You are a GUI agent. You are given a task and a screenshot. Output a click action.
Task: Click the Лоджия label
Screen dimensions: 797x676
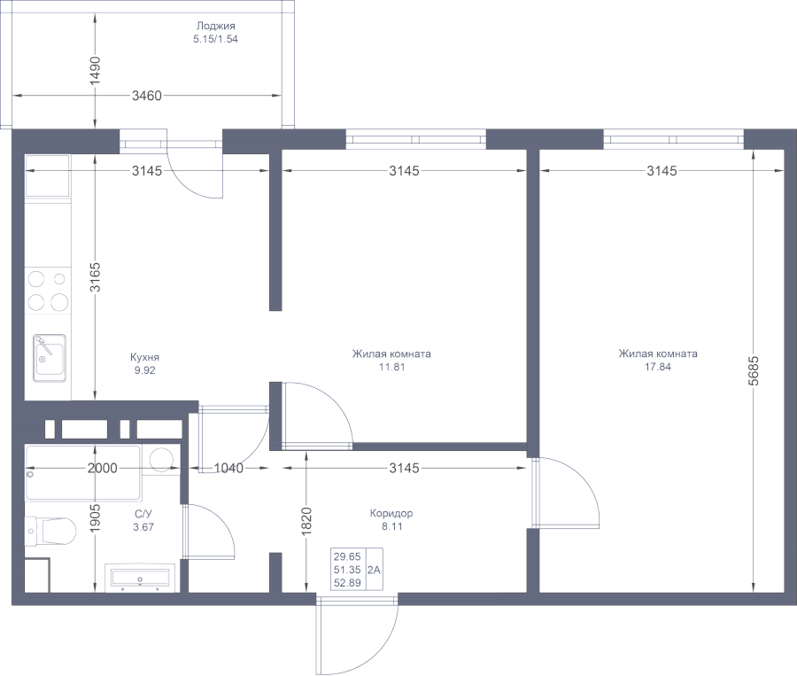tap(215, 26)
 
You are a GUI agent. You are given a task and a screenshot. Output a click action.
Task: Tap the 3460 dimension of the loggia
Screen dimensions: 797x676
tap(147, 96)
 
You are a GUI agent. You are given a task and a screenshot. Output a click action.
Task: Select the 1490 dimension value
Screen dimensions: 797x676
tap(95, 71)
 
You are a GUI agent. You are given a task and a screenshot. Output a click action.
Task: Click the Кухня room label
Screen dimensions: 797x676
tap(144, 357)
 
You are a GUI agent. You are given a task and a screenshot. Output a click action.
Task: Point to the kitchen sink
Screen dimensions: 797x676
tap(50, 358)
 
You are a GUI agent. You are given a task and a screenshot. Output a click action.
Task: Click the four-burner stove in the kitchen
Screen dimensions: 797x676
tap(48, 291)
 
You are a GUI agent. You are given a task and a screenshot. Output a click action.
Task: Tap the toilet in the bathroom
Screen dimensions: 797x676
tap(50, 531)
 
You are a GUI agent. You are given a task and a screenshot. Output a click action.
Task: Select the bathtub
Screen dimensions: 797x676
tap(83, 473)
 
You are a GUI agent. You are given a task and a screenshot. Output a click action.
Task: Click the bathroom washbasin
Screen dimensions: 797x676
tap(140, 578)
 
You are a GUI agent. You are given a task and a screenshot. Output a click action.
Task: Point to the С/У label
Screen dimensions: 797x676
tap(143, 514)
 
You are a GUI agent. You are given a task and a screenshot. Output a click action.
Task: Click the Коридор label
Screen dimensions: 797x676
tap(391, 513)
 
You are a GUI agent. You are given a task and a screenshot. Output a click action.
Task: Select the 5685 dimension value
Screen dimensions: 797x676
tap(754, 370)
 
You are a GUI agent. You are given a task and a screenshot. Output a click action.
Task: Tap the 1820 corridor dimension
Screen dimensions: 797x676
tap(306, 521)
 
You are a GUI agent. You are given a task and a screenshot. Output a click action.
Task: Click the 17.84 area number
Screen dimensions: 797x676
tap(658, 367)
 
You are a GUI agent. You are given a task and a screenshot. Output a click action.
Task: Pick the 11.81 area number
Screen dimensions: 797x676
tap(392, 367)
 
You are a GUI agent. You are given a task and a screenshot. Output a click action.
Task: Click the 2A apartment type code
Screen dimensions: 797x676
tap(374, 571)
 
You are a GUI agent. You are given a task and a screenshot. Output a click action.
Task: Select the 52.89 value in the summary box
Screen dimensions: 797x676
tap(347, 583)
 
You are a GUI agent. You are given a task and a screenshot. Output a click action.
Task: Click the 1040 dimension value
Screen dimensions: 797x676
tap(228, 468)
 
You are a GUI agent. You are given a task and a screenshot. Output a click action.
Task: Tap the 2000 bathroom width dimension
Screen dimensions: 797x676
tap(102, 468)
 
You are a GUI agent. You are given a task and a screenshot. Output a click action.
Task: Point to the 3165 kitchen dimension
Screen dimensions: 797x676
tap(95, 276)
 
